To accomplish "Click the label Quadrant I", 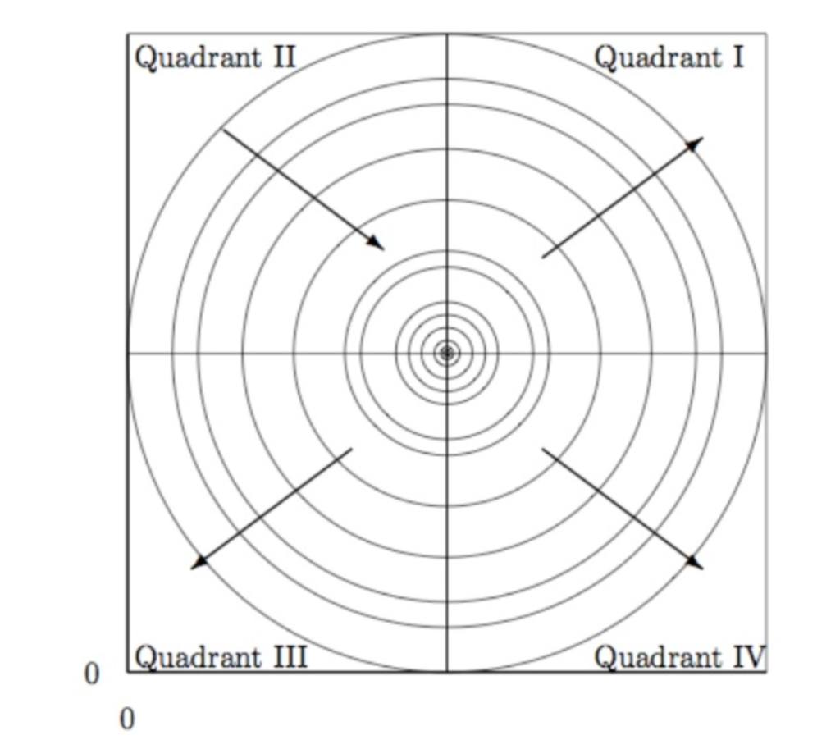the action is click(669, 58).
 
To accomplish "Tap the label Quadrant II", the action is click(215, 58).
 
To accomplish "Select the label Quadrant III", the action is click(221, 657).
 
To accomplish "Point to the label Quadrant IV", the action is click(680, 657).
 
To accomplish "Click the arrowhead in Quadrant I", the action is click(696, 144).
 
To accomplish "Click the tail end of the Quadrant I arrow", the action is click(543, 258).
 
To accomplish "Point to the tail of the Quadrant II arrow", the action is click(223, 130).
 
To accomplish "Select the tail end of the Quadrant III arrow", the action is click(351, 449).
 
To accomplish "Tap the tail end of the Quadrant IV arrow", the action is click(543, 449).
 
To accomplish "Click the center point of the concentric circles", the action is click(447, 353).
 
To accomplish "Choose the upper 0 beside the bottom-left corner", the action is click(92, 674).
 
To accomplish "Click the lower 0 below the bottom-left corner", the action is click(126, 719).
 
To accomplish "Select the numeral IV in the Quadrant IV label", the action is click(750, 657).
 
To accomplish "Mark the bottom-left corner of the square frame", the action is click(128, 672).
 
